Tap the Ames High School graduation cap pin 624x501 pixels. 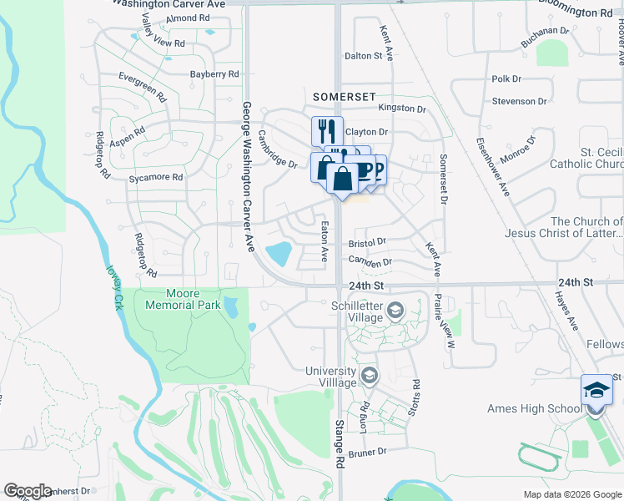(596, 391)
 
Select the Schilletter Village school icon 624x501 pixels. (395, 312)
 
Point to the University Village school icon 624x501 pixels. (369, 377)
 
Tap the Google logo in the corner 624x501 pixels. (28, 491)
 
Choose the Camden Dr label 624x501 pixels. (370, 263)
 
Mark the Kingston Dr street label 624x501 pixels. (402, 109)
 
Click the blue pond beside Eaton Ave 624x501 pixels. (278, 251)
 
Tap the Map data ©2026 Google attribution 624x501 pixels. (571, 494)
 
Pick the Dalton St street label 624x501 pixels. (363, 56)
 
